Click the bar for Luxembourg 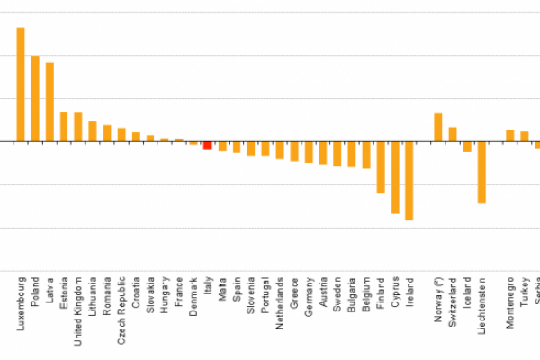(21, 85)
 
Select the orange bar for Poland (35, 99)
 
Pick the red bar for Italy (208, 146)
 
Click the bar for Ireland (409, 181)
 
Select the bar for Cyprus (395, 177)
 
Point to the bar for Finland (381, 167)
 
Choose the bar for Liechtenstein (481, 173)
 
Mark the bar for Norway (438, 128)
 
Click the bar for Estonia (64, 127)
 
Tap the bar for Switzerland (453, 134)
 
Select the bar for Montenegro (510, 136)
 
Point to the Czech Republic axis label (121, 311)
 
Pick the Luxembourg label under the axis (21, 305)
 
